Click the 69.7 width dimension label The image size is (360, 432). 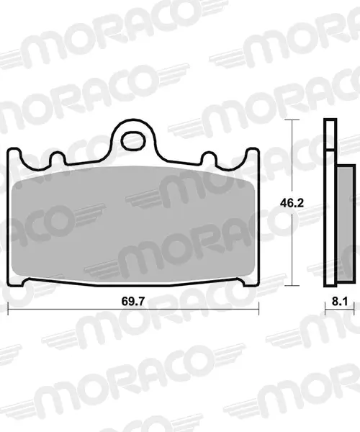coord(132,301)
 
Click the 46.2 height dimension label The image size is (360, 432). coord(292,203)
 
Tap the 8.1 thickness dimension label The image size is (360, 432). coord(339,301)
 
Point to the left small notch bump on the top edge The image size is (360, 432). coord(58,158)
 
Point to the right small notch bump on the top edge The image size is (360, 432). coord(209,158)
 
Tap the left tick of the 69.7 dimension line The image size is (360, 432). coord(8,308)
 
